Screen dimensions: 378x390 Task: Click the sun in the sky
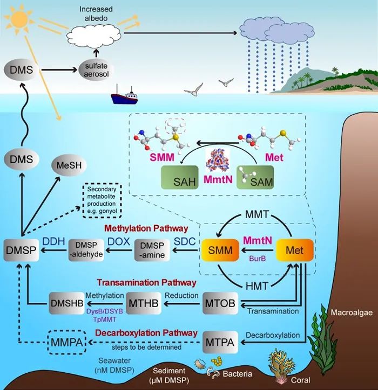pyautogui.click(x=19, y=19)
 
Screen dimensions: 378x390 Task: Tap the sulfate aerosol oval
pyautogui.click(x=96, y=69)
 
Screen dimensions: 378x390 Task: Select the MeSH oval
pyautogui.click(x=69, y=165)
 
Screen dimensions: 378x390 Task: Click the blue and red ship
pyautogui.click(x=124, y=96)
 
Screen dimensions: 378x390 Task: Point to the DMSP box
pyautogui.click(x=21, y=250)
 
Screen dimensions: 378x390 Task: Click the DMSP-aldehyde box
pyautogui.click(x=86, y=250)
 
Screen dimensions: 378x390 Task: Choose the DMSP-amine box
pyautogui.click(x=152, y=250)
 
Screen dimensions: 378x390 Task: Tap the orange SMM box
pyautogui.click(x=220, y=250)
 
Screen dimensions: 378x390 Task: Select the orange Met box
pyautogui.click(x=294, y=250)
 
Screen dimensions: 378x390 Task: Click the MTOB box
pyautogui.click(x=220, y=303)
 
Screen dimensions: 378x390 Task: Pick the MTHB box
pyautogui.click(x=144, y=303)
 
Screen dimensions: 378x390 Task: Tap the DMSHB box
pyautogui.click(x=67, y=303)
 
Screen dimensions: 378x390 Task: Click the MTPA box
pyautogui.click(x=220, y=342)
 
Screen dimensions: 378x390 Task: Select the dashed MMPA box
pyautogui.click(x=67, y=342)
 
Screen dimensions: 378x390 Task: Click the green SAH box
pyautogui.click(x=180, y=178)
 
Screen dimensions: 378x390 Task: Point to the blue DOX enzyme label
pyautogui.click(x=119, y=241)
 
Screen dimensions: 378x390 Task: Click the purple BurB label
pyautogui.click(x=258, y=259)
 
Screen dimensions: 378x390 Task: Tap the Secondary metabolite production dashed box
pyautogui.click(x=102, y=200)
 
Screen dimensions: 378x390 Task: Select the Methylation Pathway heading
pyautogui.click(x=146, y=228)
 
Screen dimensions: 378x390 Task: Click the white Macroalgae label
pyautogui.click(x=352, y=312)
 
